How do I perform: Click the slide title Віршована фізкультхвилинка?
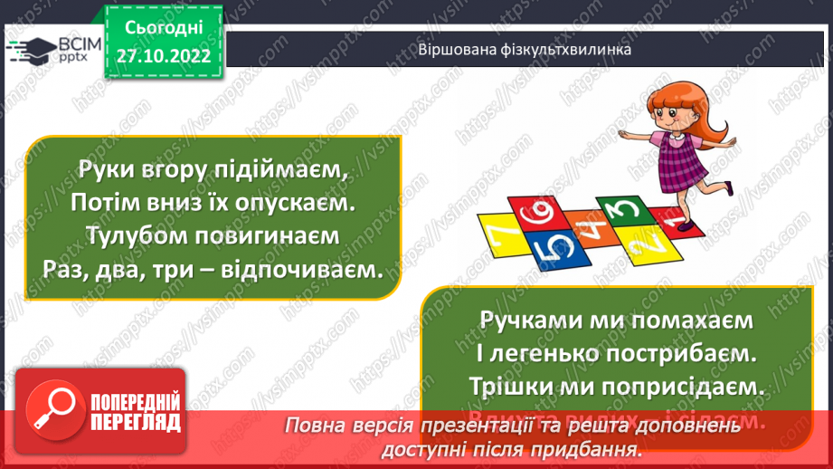(x=524, y=51)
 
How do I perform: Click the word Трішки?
(x=506, y=385)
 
